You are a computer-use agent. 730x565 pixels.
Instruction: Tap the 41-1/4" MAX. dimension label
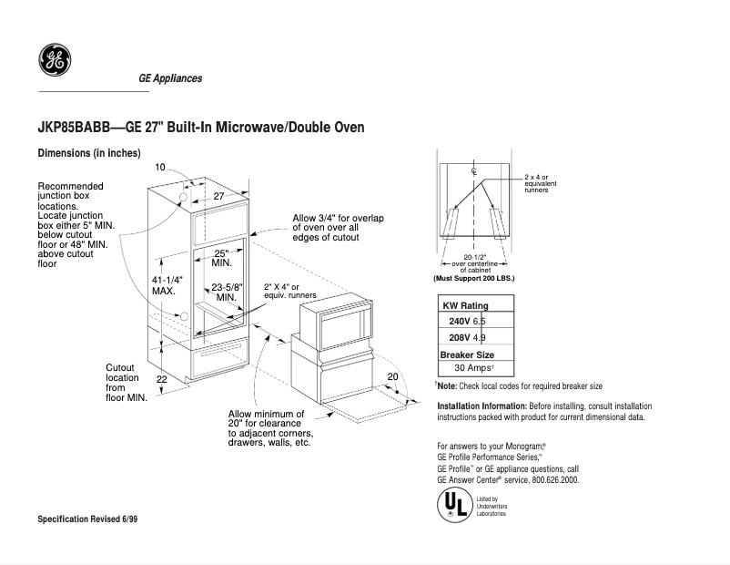[x=168, y=285]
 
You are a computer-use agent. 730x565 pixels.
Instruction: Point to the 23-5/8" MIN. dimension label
[x=228, y=293]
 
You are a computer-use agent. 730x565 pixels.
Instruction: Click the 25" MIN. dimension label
[x=222, y=257]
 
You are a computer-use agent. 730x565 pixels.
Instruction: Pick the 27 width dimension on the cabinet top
[x=218, y=196]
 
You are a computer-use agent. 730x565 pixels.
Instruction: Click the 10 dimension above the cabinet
[x=160, y=168]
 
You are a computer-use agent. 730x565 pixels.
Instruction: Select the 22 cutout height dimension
[x=161, y=378]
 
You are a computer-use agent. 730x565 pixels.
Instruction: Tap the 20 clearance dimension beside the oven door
[x=392, y=376]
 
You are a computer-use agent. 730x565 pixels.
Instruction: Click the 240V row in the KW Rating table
[x=474, y=322]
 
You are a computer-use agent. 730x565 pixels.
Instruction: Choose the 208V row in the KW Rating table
[x=474, y=338]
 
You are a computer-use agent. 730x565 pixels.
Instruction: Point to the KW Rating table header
[x=465, y=306]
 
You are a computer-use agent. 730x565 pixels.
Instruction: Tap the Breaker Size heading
[x=468, y=354]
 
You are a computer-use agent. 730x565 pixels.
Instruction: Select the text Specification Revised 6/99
[x=93, y=519]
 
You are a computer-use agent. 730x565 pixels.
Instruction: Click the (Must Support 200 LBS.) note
[x=474, y=277]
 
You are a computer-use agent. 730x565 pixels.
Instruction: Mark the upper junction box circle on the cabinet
[x=184, y=197]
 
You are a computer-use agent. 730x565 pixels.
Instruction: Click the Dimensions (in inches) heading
[x=88, y=153]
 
